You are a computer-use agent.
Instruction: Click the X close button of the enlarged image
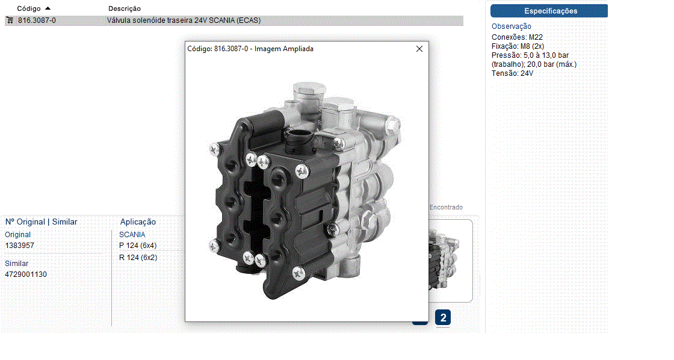pos(419,49)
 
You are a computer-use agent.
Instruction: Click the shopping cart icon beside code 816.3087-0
pos(10,20)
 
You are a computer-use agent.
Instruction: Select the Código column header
pos(29,8)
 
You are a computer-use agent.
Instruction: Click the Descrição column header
pos(124,8)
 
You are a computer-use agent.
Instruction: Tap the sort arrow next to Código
pos(48,8)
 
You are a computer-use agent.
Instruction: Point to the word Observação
pos(512,26)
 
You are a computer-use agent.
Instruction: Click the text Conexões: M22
pos(517,37)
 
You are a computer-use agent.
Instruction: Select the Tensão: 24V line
pos(512,73)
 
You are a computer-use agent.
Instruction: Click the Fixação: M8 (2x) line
pos(518,46)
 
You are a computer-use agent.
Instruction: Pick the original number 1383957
pos(19,246)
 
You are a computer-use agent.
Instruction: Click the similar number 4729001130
pos(26,275)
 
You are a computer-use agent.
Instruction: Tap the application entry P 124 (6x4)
pos(138,246)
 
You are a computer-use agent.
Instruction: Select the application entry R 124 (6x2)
pos(138,258)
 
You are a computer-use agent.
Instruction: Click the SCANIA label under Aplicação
pos(132,234)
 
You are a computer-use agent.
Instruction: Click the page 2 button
pos(443,318)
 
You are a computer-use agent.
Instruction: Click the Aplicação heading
pos(138,222)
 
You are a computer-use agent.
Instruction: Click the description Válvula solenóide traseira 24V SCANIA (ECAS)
pos(184,20)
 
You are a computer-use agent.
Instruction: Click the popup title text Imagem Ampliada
pos(283,49)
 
